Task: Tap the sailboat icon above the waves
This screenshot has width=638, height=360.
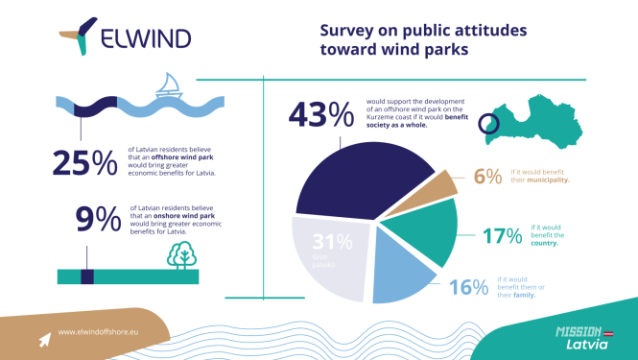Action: click(170, 85)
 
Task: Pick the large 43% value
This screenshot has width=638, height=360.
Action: click(320, 116)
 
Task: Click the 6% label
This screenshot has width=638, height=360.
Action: click(487, 176)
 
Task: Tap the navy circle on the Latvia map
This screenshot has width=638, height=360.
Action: click(489, 123)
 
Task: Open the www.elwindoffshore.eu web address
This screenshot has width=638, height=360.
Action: click(99, 332)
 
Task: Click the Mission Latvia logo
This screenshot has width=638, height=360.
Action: click(579, 336)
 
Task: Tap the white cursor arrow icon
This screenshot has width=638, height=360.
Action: click(43, 338)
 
